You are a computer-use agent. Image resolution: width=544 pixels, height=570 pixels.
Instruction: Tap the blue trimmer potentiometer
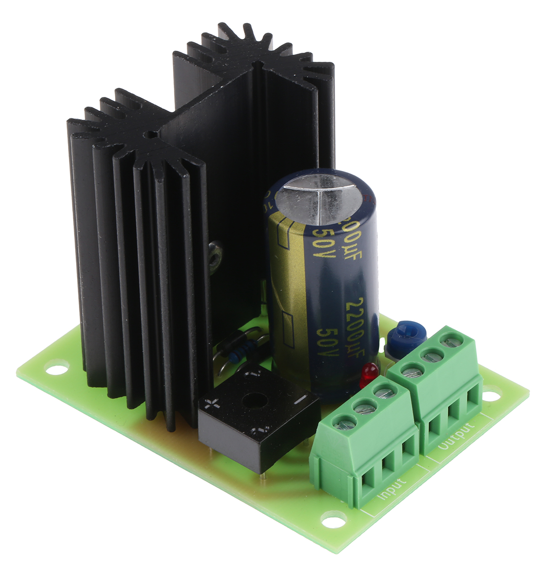(402, 335)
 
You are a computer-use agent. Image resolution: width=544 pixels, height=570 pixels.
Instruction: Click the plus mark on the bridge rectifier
(211, 405)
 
